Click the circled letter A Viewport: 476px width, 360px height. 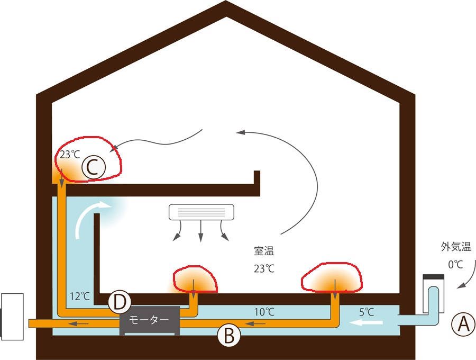(x=463, y=325)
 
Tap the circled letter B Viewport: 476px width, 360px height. (x=229, y=336)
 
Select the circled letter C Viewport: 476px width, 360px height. (x=94, y=167)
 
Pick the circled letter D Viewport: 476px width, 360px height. (x=120, y=302)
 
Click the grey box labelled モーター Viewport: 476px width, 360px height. (x=150, y=321)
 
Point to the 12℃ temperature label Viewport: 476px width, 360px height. (x=79, y=296)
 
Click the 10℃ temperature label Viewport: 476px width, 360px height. (x=264, y=312)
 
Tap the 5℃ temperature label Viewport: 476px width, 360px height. (x=367, y=312)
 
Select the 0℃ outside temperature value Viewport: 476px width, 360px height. (x=456, y=264)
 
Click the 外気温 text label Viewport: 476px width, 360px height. (x=456, y=247)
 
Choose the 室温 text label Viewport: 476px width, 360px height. (x=264, y=251)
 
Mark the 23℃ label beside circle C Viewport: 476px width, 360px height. (x=70, y=155)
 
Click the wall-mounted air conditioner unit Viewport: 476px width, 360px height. (x=202, y=212)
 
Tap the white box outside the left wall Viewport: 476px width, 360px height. (x=12, y=317)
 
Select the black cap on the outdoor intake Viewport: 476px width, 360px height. (x=434, y=277)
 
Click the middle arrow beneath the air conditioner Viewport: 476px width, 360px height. (x=200, y=231)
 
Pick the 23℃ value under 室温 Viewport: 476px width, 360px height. (x=264, y=268)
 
